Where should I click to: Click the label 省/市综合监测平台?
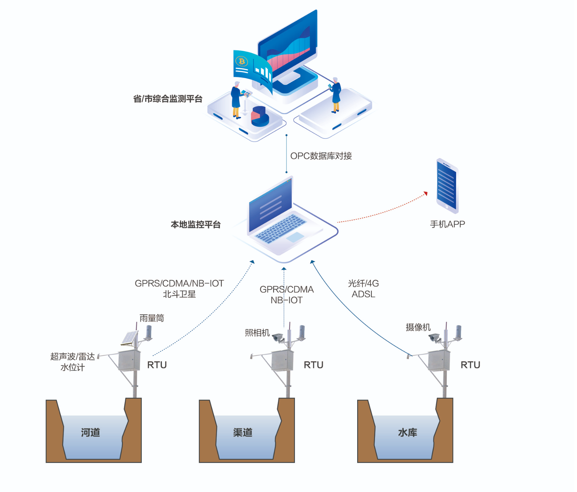coord(168,99)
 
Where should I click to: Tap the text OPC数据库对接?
coord(321,156)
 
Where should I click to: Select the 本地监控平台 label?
coord(196,224)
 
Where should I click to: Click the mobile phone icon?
coord(447,186)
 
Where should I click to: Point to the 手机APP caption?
coord(447,224)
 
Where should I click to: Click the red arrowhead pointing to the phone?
coord(426,193)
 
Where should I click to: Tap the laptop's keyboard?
coord(280,228)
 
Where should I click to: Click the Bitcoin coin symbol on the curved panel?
coord(241,61)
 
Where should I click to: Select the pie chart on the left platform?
coord(260,116)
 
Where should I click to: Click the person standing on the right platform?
coord(336,95)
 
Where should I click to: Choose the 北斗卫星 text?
coord(179,294)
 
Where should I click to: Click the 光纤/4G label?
coord(363,283)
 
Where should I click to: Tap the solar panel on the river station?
coord(130,338)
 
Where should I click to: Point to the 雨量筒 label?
coord(151,318)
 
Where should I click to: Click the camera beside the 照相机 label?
coord(278,337)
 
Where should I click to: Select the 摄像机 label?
coord(418,327)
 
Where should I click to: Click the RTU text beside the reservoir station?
coord(470,365)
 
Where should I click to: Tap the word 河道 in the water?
coord(90,432)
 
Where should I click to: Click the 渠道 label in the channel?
coord(242,432)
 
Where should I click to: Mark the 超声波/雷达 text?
coord(72,357)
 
